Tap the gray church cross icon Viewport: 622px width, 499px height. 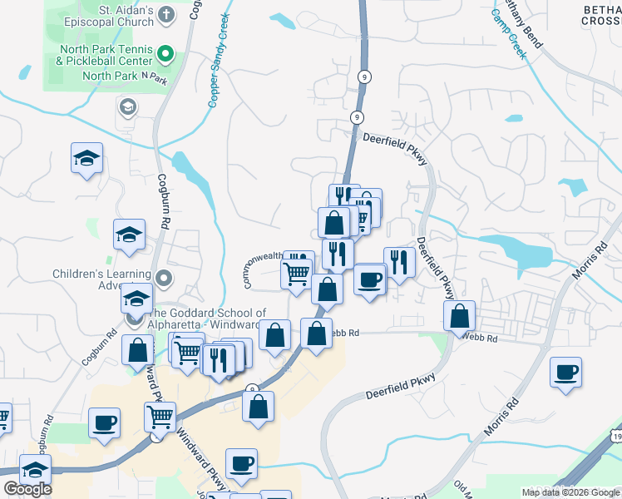coord(165,14)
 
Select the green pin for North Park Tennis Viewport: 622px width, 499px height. coord(165,55)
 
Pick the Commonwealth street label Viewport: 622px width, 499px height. coord(264,268)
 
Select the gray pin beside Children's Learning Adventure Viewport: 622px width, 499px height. coord(165,277)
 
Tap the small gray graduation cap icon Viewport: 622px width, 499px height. coord(128,106)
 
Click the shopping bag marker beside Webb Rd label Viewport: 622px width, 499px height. coord(317,334)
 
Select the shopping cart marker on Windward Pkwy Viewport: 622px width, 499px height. coord(160,416)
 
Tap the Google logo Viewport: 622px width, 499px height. coord(27,490)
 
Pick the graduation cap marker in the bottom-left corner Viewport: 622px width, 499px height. coord(35,470)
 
